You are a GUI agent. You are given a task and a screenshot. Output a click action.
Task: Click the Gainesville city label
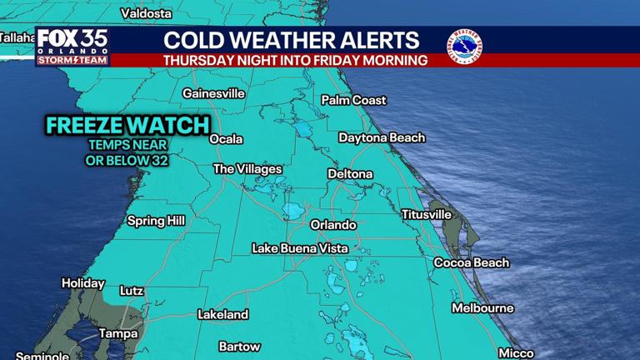tap(213, 93)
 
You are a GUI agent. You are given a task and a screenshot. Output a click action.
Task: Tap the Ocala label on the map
tap(226, 139)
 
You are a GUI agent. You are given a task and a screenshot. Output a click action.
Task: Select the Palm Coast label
tap(354, 100)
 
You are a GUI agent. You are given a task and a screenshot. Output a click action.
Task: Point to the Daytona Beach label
tap(382, 137)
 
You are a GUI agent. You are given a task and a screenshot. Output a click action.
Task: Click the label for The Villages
tap(247, 169)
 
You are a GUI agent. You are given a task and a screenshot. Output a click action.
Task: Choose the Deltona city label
tap(350, 174)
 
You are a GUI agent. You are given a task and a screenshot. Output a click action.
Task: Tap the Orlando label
tap(333, 225)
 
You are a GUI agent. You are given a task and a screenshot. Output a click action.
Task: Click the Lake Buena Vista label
tap(300, 248)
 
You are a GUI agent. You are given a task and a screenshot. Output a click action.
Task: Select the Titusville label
tap(426, 215)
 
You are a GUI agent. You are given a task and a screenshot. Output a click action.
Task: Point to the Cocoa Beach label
tap(471, 262)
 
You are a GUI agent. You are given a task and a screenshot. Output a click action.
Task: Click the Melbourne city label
tap(482, 308)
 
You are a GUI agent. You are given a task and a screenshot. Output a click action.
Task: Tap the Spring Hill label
tap(156, 221)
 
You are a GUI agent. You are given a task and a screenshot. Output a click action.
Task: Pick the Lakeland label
tap(222, 315)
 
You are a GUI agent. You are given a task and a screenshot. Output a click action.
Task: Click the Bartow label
tap(239, 347)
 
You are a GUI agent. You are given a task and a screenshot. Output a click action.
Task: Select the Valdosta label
tap(146, 13)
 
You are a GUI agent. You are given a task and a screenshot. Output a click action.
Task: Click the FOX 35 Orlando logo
tap(72, 47)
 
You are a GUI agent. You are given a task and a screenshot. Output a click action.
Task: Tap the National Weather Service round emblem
tap(464, 47)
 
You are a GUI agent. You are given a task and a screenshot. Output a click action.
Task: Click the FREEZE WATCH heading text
tap(127, 126)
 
